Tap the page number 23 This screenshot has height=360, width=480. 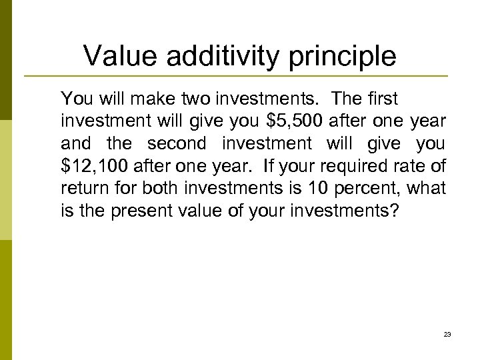(x=447, y=334)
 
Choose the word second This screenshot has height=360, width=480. (x=174, y=144)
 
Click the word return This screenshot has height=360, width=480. (x=81, y=189)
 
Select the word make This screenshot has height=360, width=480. (x=145, y=99)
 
